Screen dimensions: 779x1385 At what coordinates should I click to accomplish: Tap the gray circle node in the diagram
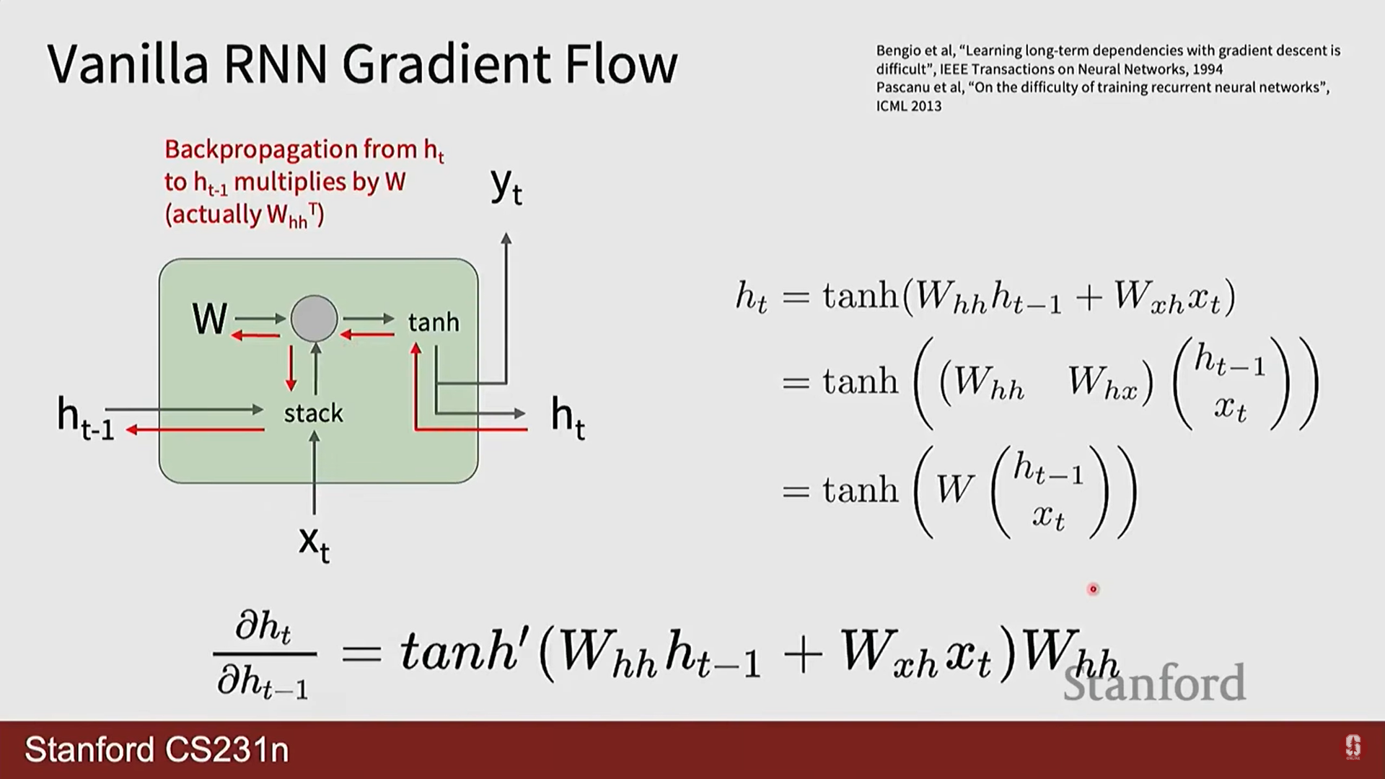[x=314, y=318]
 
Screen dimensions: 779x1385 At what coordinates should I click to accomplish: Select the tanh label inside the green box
[x=433, y=322]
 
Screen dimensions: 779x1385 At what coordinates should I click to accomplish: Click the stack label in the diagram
[x=313, y=413]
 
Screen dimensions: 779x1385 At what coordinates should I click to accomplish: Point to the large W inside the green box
[x=209, y=319]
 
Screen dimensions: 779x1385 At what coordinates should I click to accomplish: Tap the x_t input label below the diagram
[x=314, y=542]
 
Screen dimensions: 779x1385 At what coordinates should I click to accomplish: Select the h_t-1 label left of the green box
[x=85, y=418]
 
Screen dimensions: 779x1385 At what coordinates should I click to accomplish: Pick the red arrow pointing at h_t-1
[x=195, y=430]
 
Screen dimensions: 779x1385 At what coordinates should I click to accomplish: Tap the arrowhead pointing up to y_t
[x=506, y=238]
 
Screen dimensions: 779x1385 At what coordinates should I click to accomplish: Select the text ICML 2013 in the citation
[x=908, y=106]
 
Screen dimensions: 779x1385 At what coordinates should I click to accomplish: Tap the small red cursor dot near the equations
[x=1093, y=589]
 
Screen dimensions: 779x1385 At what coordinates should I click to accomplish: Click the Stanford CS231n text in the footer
[x=157, y=750]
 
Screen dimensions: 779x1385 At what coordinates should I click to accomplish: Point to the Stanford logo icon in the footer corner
[x=1353, y=747]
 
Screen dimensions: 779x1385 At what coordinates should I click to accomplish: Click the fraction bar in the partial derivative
[x=265, y=653]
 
